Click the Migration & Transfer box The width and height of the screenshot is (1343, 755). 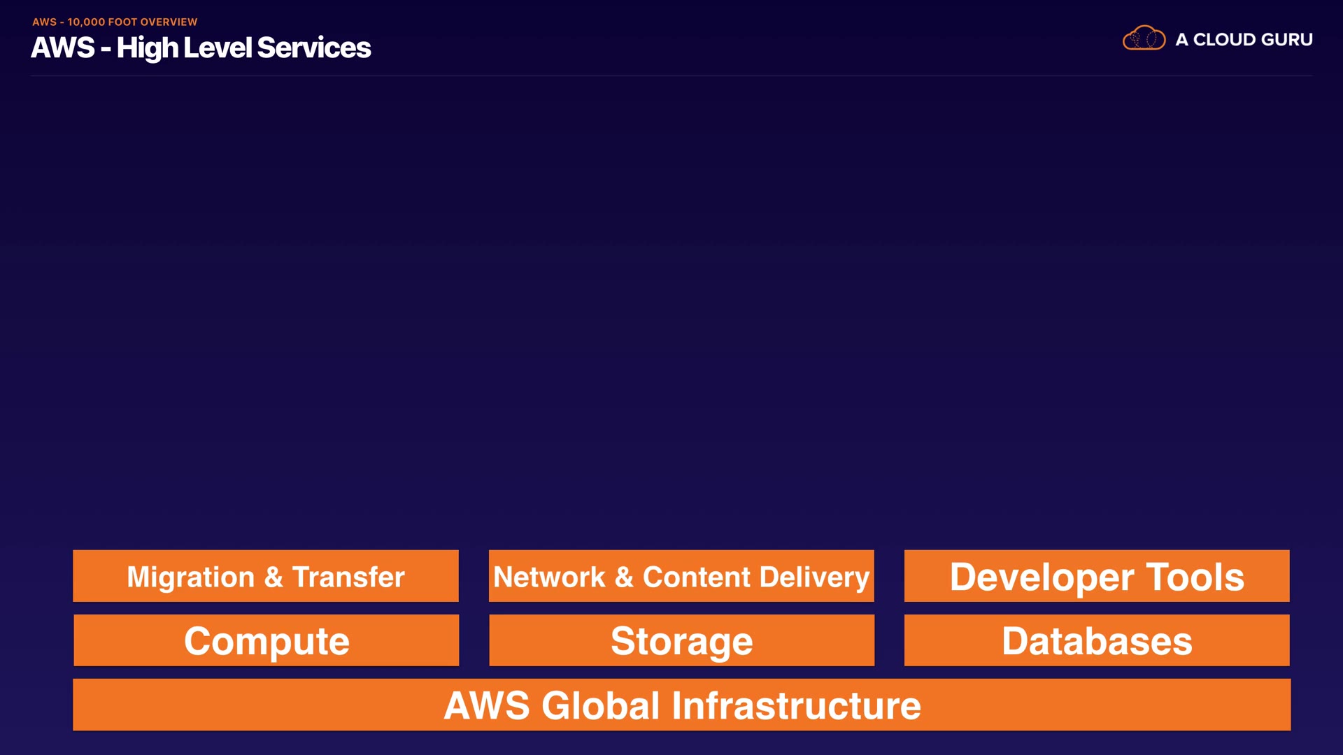265,576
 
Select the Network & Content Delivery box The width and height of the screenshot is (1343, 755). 681,576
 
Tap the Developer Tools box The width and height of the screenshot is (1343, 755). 1097,576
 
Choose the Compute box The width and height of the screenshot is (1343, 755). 266,640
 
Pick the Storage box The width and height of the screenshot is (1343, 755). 681,640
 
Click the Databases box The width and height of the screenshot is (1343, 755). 1097,640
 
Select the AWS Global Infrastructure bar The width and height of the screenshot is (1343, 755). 681,705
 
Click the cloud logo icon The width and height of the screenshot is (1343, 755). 1144,38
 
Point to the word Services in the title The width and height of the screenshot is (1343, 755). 314,48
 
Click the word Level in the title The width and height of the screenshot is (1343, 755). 217,48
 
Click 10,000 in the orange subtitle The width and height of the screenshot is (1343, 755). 86,22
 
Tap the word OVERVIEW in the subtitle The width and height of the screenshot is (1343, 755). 169,22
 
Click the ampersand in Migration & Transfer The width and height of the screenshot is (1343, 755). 273,577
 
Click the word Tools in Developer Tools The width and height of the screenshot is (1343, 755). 1195,577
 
